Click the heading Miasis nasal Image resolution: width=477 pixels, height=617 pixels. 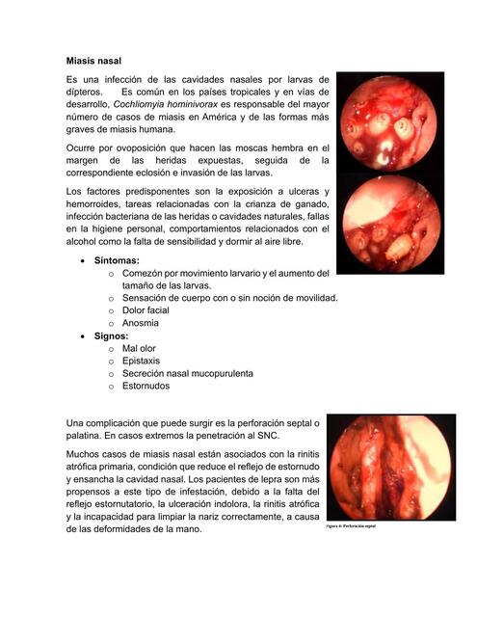pos(93,60)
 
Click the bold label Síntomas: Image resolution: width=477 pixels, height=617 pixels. pos(117,261)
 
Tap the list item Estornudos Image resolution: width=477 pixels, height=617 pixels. pos(146,386)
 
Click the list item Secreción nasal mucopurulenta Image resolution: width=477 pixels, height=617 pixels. pos(187,373)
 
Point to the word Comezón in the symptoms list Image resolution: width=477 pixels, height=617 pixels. pos(146,274)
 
